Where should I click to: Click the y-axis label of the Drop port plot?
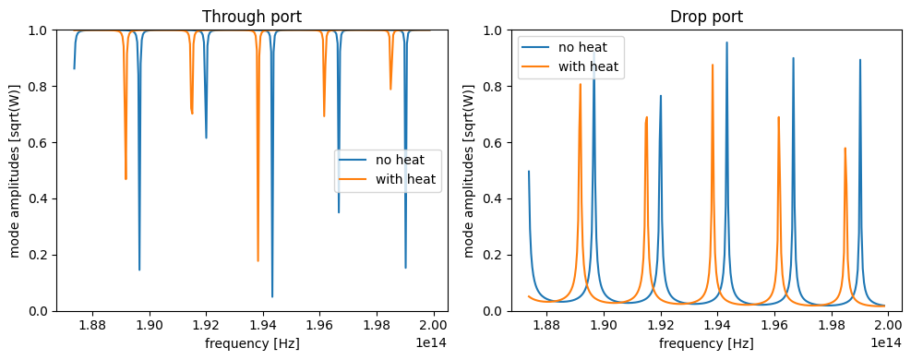(470, 171)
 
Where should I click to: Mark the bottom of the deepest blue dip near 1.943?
(272, 296)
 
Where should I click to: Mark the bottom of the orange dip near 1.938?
(258, 260)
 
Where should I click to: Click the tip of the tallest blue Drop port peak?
(726, 42)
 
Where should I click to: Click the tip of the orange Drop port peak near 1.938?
(713, 65)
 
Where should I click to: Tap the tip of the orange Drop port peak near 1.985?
(845, 148)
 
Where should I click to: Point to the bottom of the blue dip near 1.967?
(339, 212)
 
